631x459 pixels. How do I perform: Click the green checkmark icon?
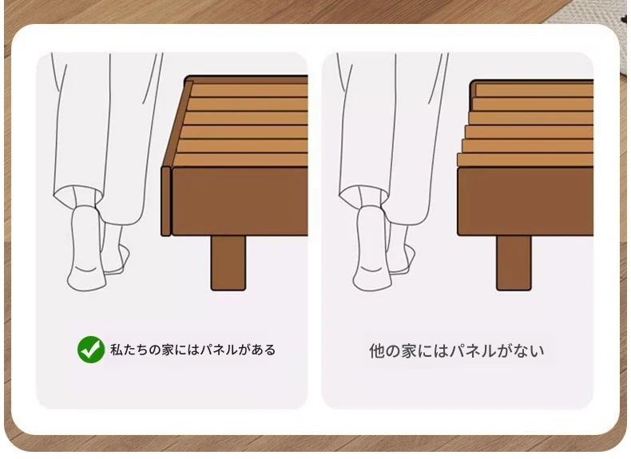91,349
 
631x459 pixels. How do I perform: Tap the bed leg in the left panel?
228,263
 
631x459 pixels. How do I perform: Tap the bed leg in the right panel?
514,263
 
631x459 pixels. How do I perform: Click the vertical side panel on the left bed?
166,200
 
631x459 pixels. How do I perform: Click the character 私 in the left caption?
117,350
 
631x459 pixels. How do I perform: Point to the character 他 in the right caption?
377,350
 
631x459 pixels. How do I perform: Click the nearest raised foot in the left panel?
86,248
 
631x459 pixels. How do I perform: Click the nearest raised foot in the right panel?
372,248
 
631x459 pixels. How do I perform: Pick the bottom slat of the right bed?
525,160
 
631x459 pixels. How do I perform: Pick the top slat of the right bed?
534,90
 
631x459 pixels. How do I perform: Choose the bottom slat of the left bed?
240,160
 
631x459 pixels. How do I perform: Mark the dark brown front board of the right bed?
525,201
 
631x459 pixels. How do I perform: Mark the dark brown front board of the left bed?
240,201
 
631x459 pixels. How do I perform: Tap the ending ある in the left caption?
264,350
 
